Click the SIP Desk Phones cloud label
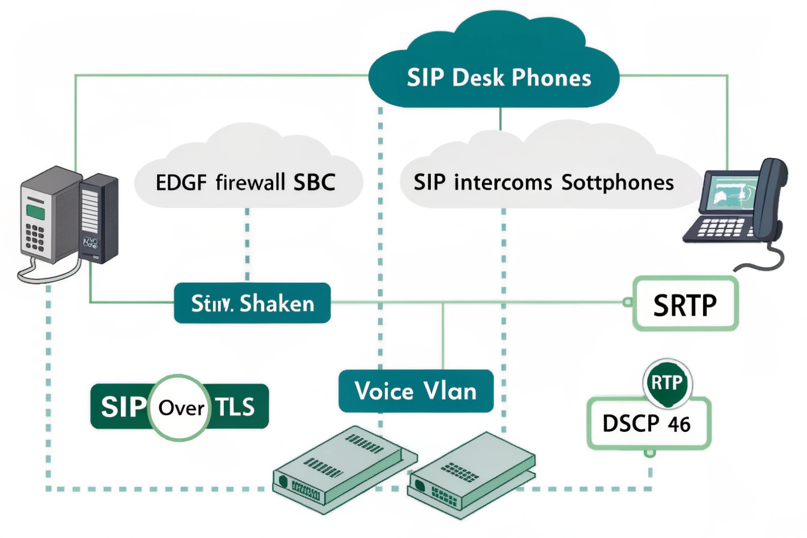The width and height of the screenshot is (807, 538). click(x=498, y=77)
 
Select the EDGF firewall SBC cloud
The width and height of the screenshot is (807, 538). click(x=245, y=182)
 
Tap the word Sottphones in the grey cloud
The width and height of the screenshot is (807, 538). click(x=617, y=182)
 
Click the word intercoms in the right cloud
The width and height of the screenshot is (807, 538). click(x=503, y=182)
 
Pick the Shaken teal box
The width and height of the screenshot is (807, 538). click(x=252, y=303)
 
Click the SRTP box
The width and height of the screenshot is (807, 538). click(x=685, y=304)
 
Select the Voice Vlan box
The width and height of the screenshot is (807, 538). click(x=415, y=391)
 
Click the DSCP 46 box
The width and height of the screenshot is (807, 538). click(x=647, y=424)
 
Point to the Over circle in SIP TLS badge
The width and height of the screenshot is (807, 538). click(x=180, y=407)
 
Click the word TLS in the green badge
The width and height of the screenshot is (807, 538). click(x=235, y=407)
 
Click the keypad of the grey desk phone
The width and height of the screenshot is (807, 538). click(x=35, y=237)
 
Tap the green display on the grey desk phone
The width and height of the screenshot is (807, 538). click(x=36, y=211)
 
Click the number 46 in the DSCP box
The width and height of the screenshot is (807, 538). click(x=679, y=424)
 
